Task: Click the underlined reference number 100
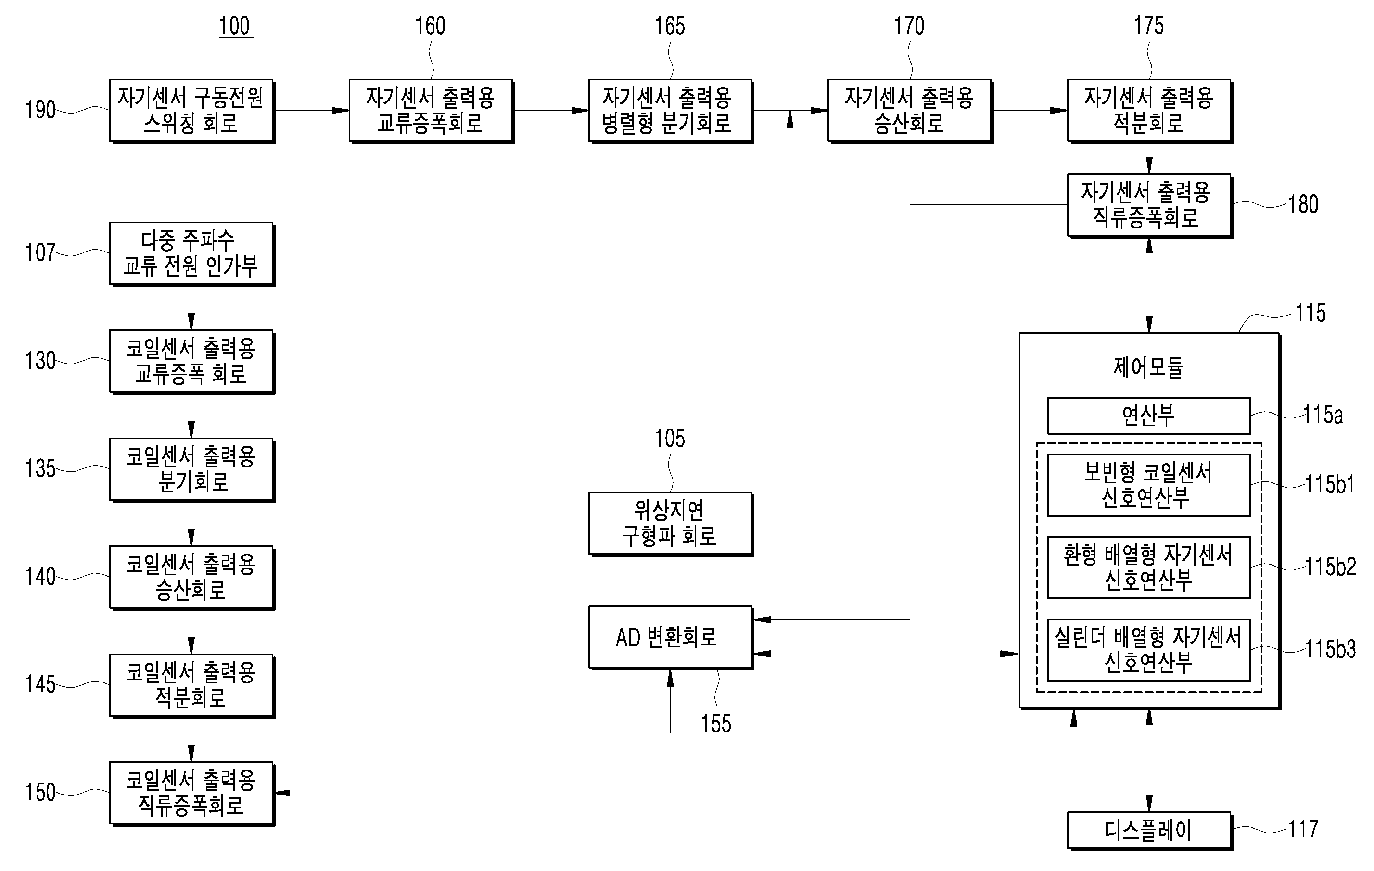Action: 236,26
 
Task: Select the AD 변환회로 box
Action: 671,637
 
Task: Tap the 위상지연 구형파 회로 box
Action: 671,523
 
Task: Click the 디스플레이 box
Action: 1149,831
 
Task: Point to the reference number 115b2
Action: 1330,567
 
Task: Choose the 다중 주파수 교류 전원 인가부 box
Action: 192,254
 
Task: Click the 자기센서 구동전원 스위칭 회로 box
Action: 192,111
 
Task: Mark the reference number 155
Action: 715,723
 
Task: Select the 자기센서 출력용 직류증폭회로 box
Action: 1149,205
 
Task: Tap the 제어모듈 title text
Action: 1148,367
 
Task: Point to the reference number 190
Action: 40,110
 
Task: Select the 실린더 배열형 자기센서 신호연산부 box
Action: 1149,650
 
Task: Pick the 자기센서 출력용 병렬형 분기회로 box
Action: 671,111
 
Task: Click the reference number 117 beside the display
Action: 1303,829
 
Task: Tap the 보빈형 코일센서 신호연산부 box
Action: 1149,485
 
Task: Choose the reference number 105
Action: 669,439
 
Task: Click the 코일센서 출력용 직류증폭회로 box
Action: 192,794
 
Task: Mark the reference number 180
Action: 1303,204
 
